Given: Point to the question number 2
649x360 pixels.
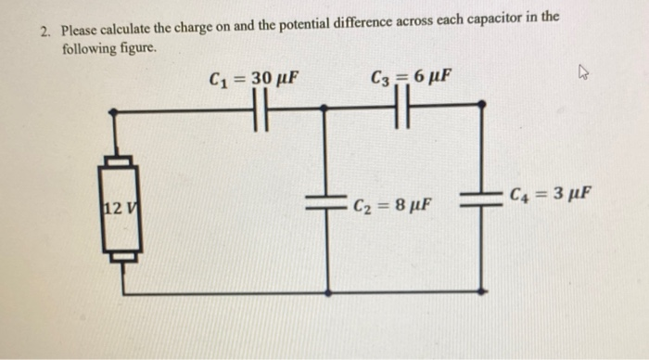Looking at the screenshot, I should [44, 31].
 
